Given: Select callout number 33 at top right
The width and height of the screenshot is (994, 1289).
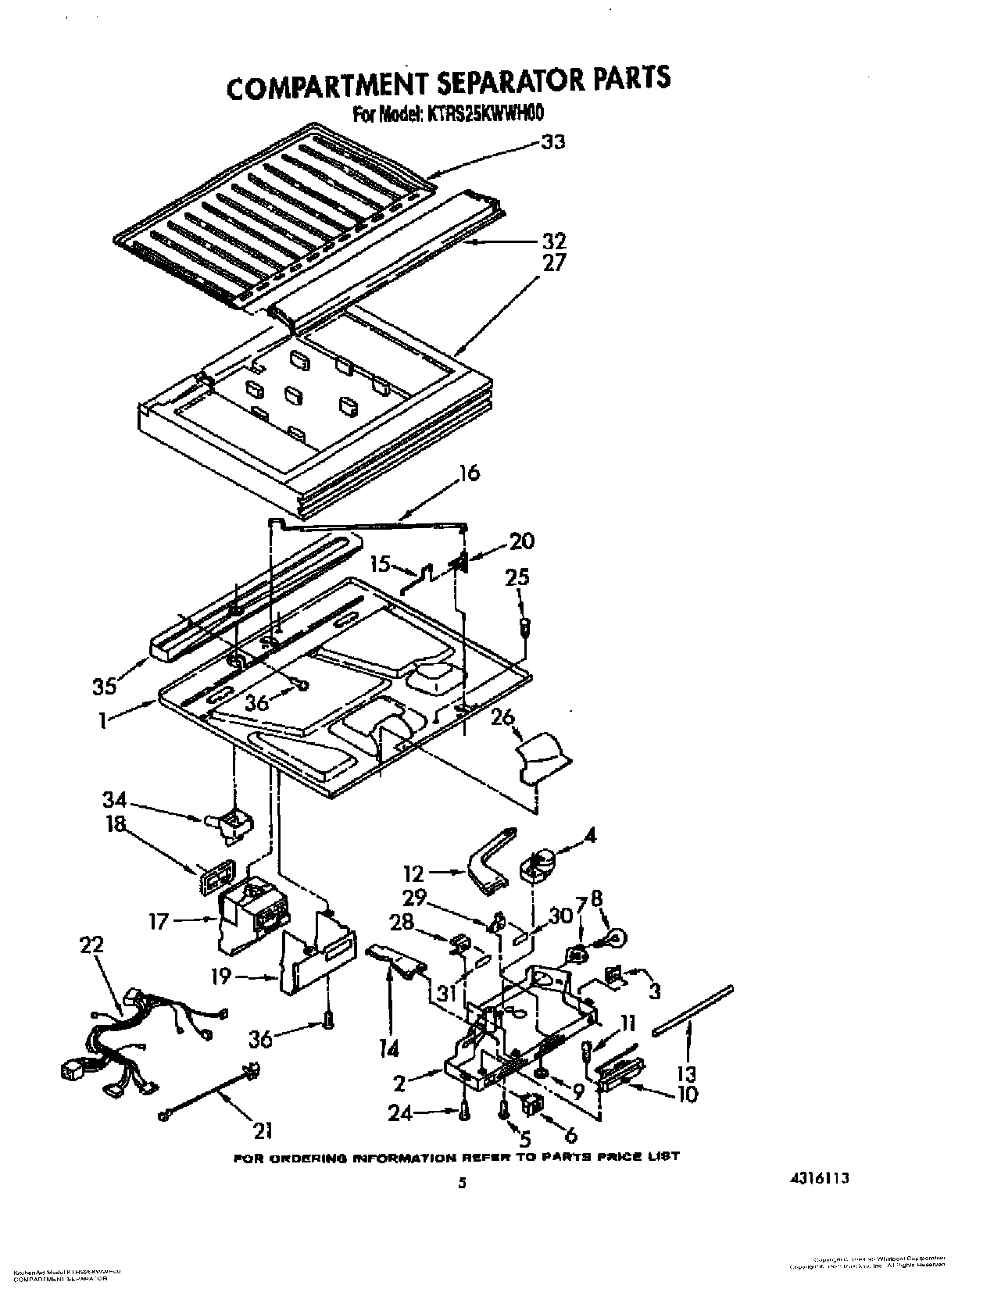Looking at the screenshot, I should coord(552,142).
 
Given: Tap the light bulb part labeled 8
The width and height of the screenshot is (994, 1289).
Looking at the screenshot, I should coord(614,934).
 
